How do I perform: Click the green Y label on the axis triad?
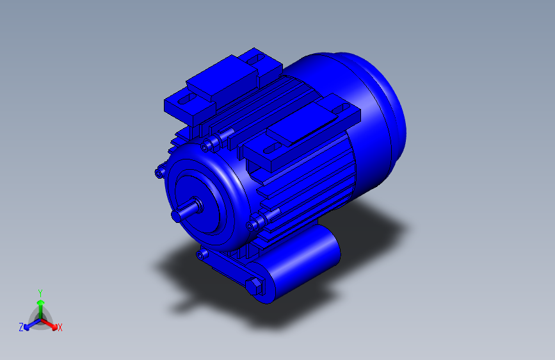point(40,291)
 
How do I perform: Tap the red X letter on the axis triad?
point(60,328)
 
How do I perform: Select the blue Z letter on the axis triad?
point(21,327)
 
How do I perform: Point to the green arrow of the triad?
point(40,304)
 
